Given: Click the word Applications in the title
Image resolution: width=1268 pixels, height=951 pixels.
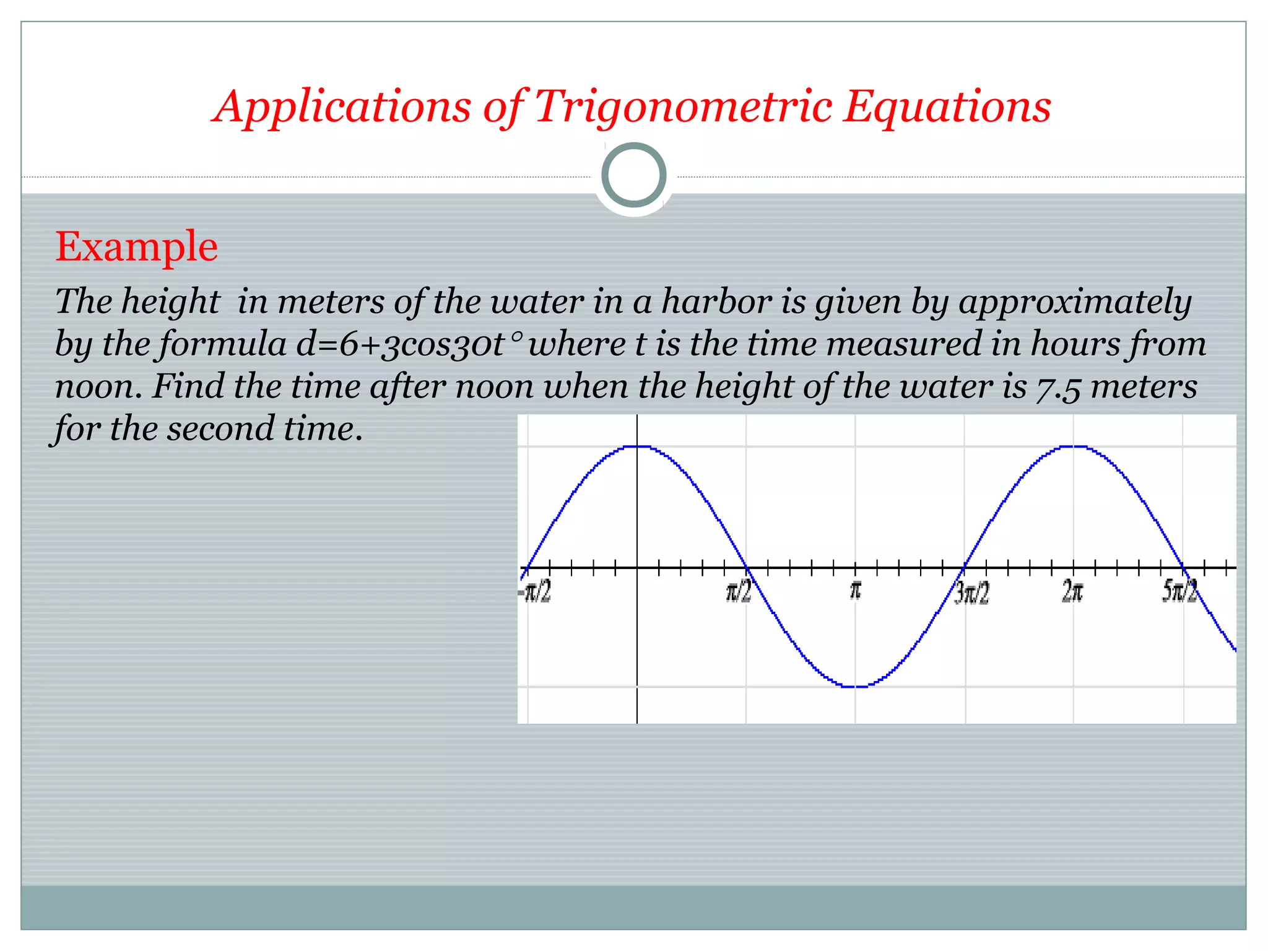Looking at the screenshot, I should (x=342, y=106).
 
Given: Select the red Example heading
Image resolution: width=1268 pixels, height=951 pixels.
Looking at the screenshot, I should (x=136, y=246).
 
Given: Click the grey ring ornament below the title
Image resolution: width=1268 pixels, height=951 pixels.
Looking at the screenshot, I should (x=634, y=175).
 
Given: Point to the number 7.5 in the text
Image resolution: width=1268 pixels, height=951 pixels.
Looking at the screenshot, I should (x=1058, y=388).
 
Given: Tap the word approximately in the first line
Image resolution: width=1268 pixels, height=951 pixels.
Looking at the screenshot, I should (x=1075, y=303).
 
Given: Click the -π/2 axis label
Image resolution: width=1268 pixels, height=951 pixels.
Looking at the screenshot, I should (x=535, y=592).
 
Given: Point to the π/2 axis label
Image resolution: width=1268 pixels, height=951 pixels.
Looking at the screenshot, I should (x=739, y=592).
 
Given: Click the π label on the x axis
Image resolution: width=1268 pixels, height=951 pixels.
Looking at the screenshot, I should (x=855, y=590).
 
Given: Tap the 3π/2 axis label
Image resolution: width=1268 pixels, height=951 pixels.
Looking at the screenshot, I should (x=971, y=593).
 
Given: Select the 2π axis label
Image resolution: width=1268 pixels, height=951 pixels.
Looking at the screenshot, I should (x=1072, y=592).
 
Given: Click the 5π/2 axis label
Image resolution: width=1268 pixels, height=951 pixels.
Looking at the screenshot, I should (x=1179, y=591).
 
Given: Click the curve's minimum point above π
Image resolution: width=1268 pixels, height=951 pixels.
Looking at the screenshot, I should (x=855, y=686).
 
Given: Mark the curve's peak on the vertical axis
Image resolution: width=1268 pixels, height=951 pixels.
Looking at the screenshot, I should (x=637, y=446).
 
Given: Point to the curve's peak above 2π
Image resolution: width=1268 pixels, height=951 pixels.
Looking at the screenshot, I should (x=1073, y=446).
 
